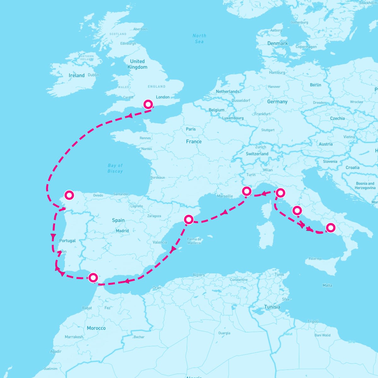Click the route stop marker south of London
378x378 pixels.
(148, 104)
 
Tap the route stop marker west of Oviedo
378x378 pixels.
(69, 195)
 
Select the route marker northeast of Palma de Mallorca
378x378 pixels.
(188, 219)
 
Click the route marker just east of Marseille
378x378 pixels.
(247, 191)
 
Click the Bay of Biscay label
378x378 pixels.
(115, 168)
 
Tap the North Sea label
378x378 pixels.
(199, 38)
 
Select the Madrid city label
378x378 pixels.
(122, 231)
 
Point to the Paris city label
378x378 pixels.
(191, 129)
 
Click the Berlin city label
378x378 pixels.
(315, 85)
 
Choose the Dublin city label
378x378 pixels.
(93, 75)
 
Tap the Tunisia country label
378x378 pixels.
(272, 307)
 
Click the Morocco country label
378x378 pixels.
(96, 328)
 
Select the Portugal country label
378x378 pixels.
(67, 240)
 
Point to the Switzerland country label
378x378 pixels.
(257, 154)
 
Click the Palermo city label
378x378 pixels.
(315, 259)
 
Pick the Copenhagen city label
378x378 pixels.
(306, 47)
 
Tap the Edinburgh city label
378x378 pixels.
(128, 43)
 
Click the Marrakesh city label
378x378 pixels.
(74, 337)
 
